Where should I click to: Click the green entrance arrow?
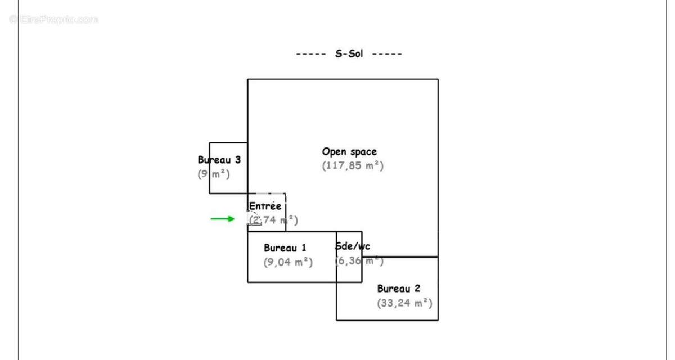point(223,219)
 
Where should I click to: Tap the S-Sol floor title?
point(349,54)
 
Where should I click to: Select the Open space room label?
point(349,152)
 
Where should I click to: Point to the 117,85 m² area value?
point(353,166)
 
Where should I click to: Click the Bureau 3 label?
point(219,160)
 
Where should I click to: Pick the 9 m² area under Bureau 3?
point(214,174)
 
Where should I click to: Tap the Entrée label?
point(265,206)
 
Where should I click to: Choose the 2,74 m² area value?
point(274,220)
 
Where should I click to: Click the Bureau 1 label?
point(285,247)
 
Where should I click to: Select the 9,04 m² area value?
point(288,262)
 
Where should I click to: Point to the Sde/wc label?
point(353,246)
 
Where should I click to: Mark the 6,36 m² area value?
point(359,261)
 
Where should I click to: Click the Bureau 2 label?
point(398,289)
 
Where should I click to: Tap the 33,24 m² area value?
point(404,303)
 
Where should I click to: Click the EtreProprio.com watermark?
point(54,20)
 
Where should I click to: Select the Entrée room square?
point(267,213)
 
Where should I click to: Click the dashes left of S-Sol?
point(311,54)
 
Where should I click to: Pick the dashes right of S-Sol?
point(387,54)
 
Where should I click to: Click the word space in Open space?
point(363,152)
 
